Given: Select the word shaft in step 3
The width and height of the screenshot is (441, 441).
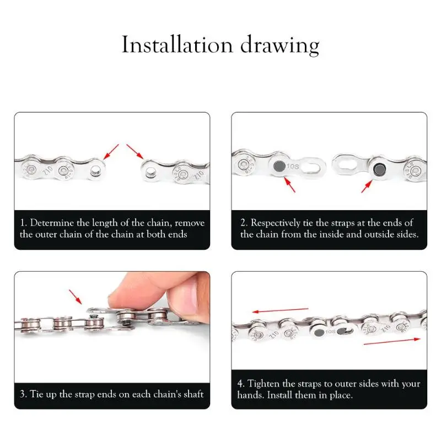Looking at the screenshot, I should coord(191,394).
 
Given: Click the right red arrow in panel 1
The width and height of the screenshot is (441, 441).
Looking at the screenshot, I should coord(135,151).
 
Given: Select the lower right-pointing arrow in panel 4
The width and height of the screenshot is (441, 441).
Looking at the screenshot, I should coord(391,342).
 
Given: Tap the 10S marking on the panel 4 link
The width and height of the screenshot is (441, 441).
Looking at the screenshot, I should coord(330,332).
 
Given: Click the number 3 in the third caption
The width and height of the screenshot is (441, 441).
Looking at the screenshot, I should coord(23,394).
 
